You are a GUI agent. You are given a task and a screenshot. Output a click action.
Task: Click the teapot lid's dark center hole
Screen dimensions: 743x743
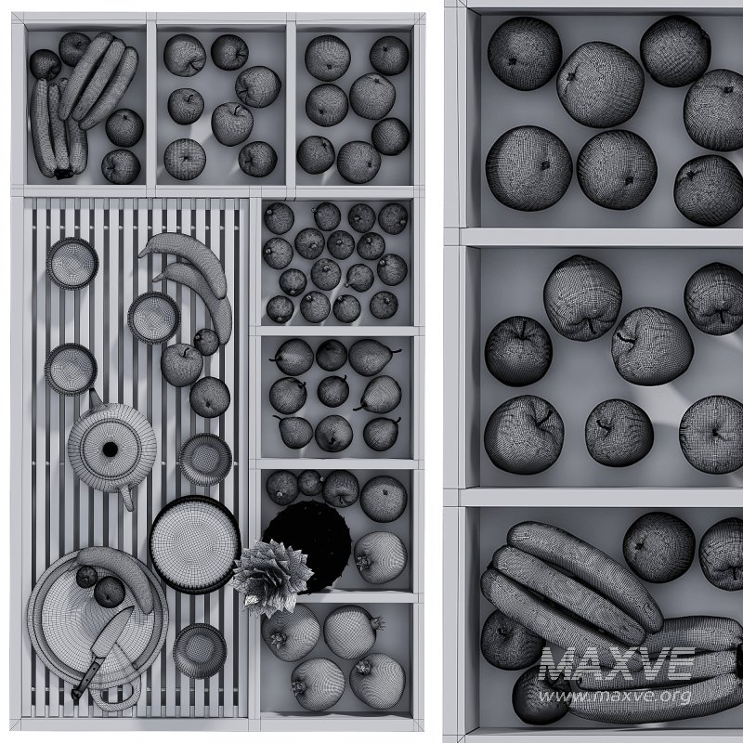(x=111, y=450)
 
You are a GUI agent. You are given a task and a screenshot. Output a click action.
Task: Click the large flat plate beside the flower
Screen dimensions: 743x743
(x=195, y=543)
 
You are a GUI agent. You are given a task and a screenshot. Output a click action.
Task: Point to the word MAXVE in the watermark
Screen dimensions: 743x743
(x=617, y=663)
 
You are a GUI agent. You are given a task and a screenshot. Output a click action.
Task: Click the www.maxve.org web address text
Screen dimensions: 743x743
(x=616, y=695)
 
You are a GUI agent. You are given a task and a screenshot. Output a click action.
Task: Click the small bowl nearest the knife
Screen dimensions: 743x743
(x=199, y=649)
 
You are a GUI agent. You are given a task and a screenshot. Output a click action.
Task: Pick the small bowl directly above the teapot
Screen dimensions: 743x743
(x=72, y=368)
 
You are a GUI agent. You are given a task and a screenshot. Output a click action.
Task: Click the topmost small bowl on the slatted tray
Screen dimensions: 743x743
(x=72, y=263)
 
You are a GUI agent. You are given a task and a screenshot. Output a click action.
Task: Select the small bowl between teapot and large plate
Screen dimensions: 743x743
(x=205, y=458)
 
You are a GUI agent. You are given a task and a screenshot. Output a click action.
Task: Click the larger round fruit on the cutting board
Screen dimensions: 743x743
(x=111, y=592)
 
